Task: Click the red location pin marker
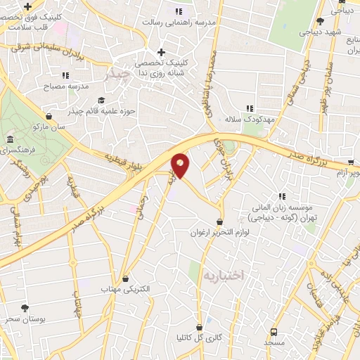click(181, 165)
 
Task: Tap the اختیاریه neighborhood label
click(221, 276)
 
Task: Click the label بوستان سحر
click(25, 320)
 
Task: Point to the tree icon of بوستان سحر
click(25, 308)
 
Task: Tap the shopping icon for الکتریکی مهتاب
click(126, 278)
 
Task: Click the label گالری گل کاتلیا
click(200, 337)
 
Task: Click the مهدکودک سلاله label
click(250, 119)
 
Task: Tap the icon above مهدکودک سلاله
click(250, 108)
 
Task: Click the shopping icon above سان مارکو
click(48, 116)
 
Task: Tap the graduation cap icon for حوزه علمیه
click(101, 100)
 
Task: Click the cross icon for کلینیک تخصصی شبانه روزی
click(162, 52)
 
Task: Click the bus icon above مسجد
click(274, 331)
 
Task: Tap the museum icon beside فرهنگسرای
click(10, 140)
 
